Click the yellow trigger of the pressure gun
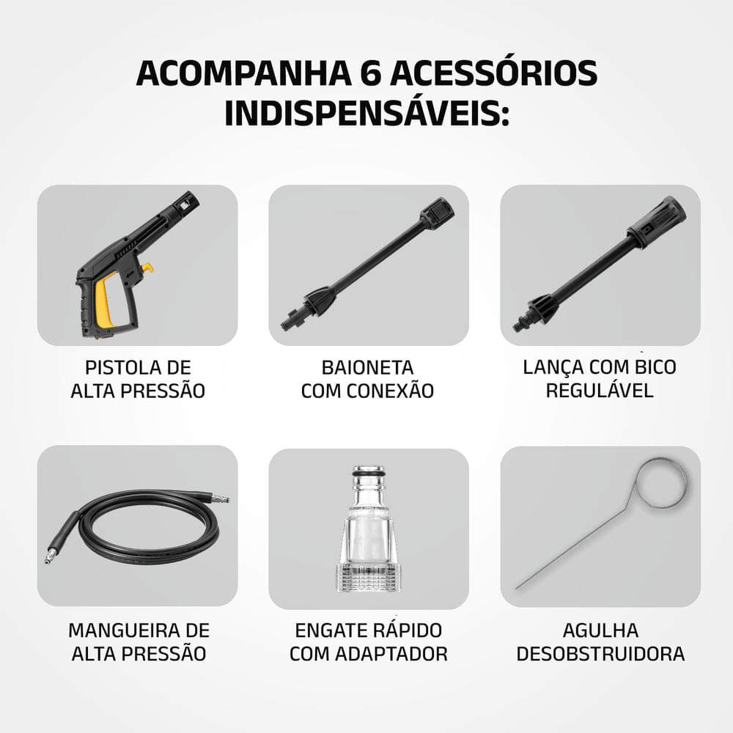click(x=108, y=301)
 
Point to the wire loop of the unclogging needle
click(x=661, y=482)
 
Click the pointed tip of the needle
click(x=519, y=586)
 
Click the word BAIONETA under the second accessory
click(x=367, y=367)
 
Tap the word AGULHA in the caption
click(x=600, y=630)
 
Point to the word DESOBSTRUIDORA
click(x=600, y=654)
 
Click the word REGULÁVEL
click(x=600, y=390)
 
